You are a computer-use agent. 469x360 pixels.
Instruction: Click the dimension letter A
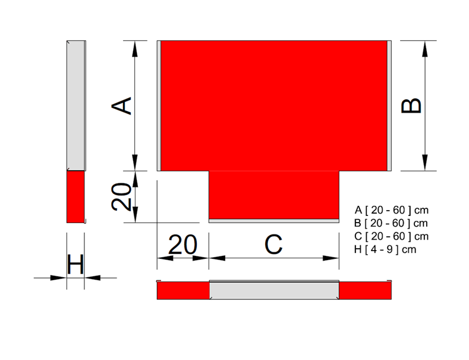(x=121, y=105)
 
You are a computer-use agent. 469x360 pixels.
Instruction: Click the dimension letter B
(x=411, y=106)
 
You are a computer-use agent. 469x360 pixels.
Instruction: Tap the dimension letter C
(x=273, y=245)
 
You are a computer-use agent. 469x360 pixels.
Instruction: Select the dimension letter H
(x=75, y=264)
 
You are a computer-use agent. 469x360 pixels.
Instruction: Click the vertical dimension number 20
(x=121, y=196)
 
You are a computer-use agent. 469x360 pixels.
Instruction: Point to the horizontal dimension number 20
(x=182, y=245)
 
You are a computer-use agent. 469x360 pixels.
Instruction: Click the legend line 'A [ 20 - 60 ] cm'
(x=392, y=210)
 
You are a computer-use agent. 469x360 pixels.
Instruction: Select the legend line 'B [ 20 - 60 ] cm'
(x=391, y=223)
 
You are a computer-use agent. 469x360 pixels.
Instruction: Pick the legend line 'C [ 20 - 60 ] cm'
(x=392, y=236)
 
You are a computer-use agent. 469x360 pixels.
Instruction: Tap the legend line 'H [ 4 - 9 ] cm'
(x=385, y=249)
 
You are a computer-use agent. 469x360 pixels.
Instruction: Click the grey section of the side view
(x=75, y=106)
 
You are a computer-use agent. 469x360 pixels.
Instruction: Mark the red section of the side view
(x=75, y=197)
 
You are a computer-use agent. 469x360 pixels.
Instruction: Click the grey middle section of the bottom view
(x=274, y=290)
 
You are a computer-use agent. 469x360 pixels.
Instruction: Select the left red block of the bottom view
(x=183, y=290)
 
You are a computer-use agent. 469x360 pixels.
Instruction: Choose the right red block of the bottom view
(x=365, y=290)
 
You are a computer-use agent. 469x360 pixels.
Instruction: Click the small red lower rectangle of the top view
(x=273, y=195)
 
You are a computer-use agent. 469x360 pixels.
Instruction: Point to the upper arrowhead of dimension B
(x=425, y=49)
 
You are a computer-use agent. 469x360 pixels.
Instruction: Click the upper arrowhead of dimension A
(x=135, y=49)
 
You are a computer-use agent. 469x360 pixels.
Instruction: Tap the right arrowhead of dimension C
(x=331, y=258)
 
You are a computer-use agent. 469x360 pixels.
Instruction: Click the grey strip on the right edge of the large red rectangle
(x=389, y=106)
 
